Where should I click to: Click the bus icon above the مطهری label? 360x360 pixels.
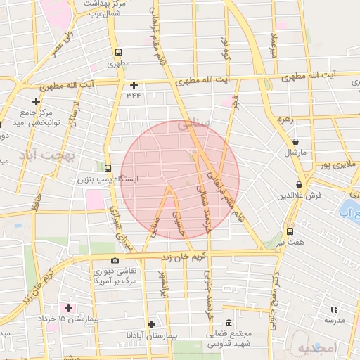(x=118, y=52)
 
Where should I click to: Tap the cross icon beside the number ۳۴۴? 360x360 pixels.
(x=134, y=86)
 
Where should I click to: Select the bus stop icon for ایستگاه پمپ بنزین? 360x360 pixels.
(x=108, y=168)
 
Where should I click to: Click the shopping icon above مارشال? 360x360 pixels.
(x=295, y=141)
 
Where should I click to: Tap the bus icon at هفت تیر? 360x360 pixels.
(x=290, y=231)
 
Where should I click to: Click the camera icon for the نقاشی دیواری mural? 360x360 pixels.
(x=115, y=261)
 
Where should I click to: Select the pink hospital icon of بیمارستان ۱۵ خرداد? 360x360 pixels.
(x=68, y=308)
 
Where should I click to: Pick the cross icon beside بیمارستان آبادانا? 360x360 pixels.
(x=151, y=324)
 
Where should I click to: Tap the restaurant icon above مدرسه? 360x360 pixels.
(x=334, y=309)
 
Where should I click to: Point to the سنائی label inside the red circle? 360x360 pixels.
(x=194, y=124)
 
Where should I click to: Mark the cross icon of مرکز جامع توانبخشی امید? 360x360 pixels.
(x=36, y=101)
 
